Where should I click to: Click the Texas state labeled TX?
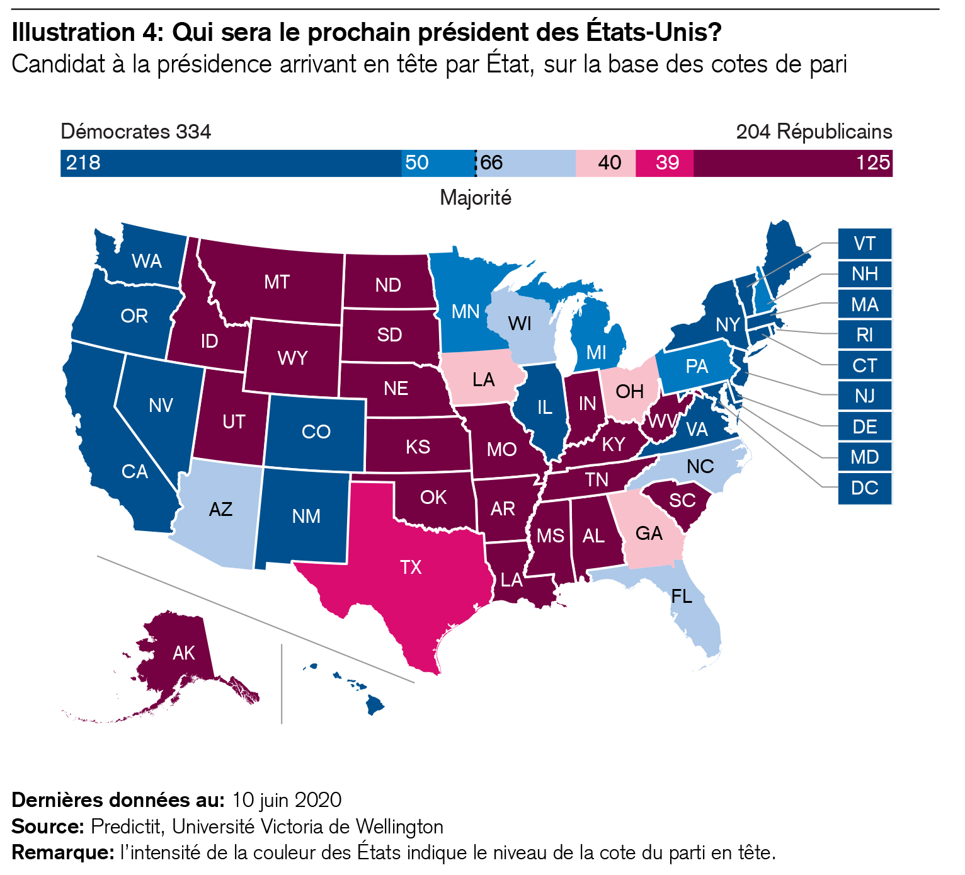[411, 568]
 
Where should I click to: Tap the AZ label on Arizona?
[220, 509]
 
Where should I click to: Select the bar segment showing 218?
[231, 163]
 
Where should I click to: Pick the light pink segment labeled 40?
[606, 163]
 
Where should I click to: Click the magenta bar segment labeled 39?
[665, 163]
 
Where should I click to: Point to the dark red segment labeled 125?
[793, 163]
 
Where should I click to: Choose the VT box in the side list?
[865, 244]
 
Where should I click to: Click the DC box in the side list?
[865, 488]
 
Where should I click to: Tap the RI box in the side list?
[865, 335]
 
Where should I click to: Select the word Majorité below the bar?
[476, 198]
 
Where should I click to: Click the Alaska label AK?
[184, 653]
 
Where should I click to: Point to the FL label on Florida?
[682, 596]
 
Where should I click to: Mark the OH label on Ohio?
[629, 392]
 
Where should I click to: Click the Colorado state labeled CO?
[316, 432]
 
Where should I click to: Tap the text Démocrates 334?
[136, 132]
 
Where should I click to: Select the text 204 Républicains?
[814, 132]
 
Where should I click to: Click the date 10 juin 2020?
[287, 800]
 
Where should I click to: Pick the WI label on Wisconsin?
[520, 324]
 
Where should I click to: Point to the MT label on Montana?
[277, 282]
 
